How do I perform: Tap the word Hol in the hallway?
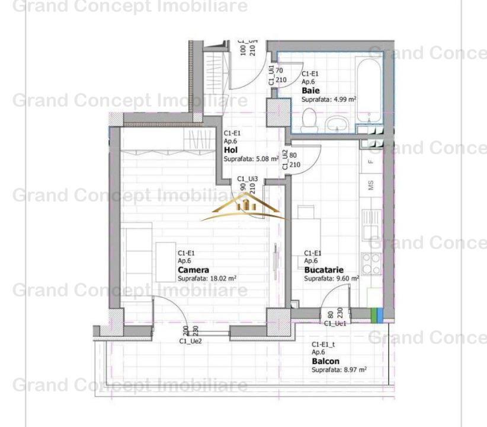(x=230, y=151)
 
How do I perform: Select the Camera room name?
(x=193, y=270)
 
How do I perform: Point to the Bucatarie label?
(x=323, y=269)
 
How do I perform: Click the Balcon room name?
(x=325, y=361)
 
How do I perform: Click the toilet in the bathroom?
(x=307, y=122)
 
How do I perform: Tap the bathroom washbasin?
(x=337, y=123)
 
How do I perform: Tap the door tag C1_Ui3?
(x=248, y=178)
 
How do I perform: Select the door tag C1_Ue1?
(x=335, y=324)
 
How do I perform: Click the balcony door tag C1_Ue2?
(x=190, y=341)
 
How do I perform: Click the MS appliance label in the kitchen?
(x=371, y=185)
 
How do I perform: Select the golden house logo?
(x=244, y=207)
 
